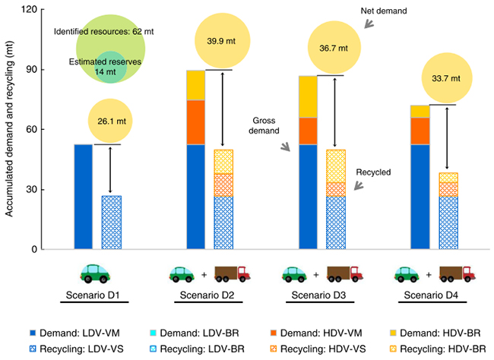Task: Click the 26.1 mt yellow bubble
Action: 111,121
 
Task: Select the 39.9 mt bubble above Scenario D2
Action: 220,43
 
